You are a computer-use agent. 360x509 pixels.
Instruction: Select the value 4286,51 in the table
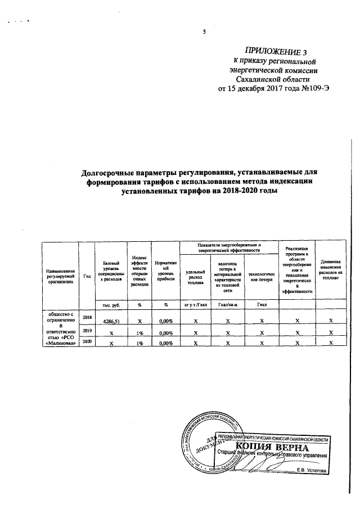[111, 321]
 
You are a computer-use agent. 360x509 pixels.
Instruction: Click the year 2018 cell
[87, 318]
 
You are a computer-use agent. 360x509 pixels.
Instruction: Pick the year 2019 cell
[87, 332]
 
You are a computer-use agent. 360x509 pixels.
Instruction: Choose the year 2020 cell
[87, 341]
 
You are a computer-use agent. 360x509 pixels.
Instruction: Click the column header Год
[87, 276]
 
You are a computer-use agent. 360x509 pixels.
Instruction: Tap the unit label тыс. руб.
[111, 305]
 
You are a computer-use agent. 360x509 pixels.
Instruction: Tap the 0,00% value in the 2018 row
[165, 321]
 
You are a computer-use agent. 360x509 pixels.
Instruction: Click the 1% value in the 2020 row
[139, 342]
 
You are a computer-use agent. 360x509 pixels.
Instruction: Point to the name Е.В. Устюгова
[312, 469]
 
